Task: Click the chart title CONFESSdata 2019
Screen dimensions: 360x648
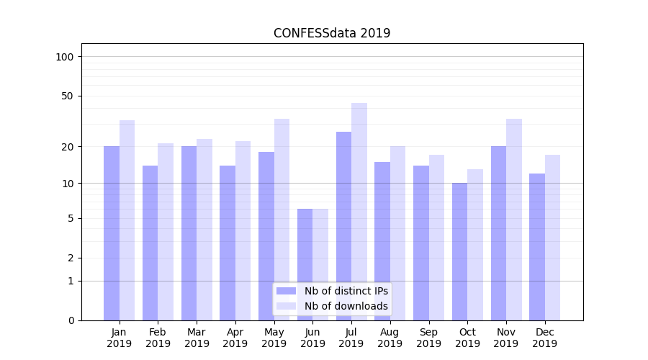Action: coord(332,33)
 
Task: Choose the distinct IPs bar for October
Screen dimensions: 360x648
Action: coord(459,251)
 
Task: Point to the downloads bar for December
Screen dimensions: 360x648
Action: coord(552,238)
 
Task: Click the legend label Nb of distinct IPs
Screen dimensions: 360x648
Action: coord(346,291)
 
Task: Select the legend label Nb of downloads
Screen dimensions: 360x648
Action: coord(346,306)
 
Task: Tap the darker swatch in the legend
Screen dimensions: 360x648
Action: coord(286,291)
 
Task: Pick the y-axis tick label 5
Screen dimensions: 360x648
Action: coord(70,218)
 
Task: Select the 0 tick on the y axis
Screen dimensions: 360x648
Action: coord(70,320)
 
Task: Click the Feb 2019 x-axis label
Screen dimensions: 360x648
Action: coord(158,338)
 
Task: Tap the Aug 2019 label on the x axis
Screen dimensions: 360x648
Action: coord(390,338)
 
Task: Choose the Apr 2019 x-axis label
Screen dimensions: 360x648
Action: coord(235,338)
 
